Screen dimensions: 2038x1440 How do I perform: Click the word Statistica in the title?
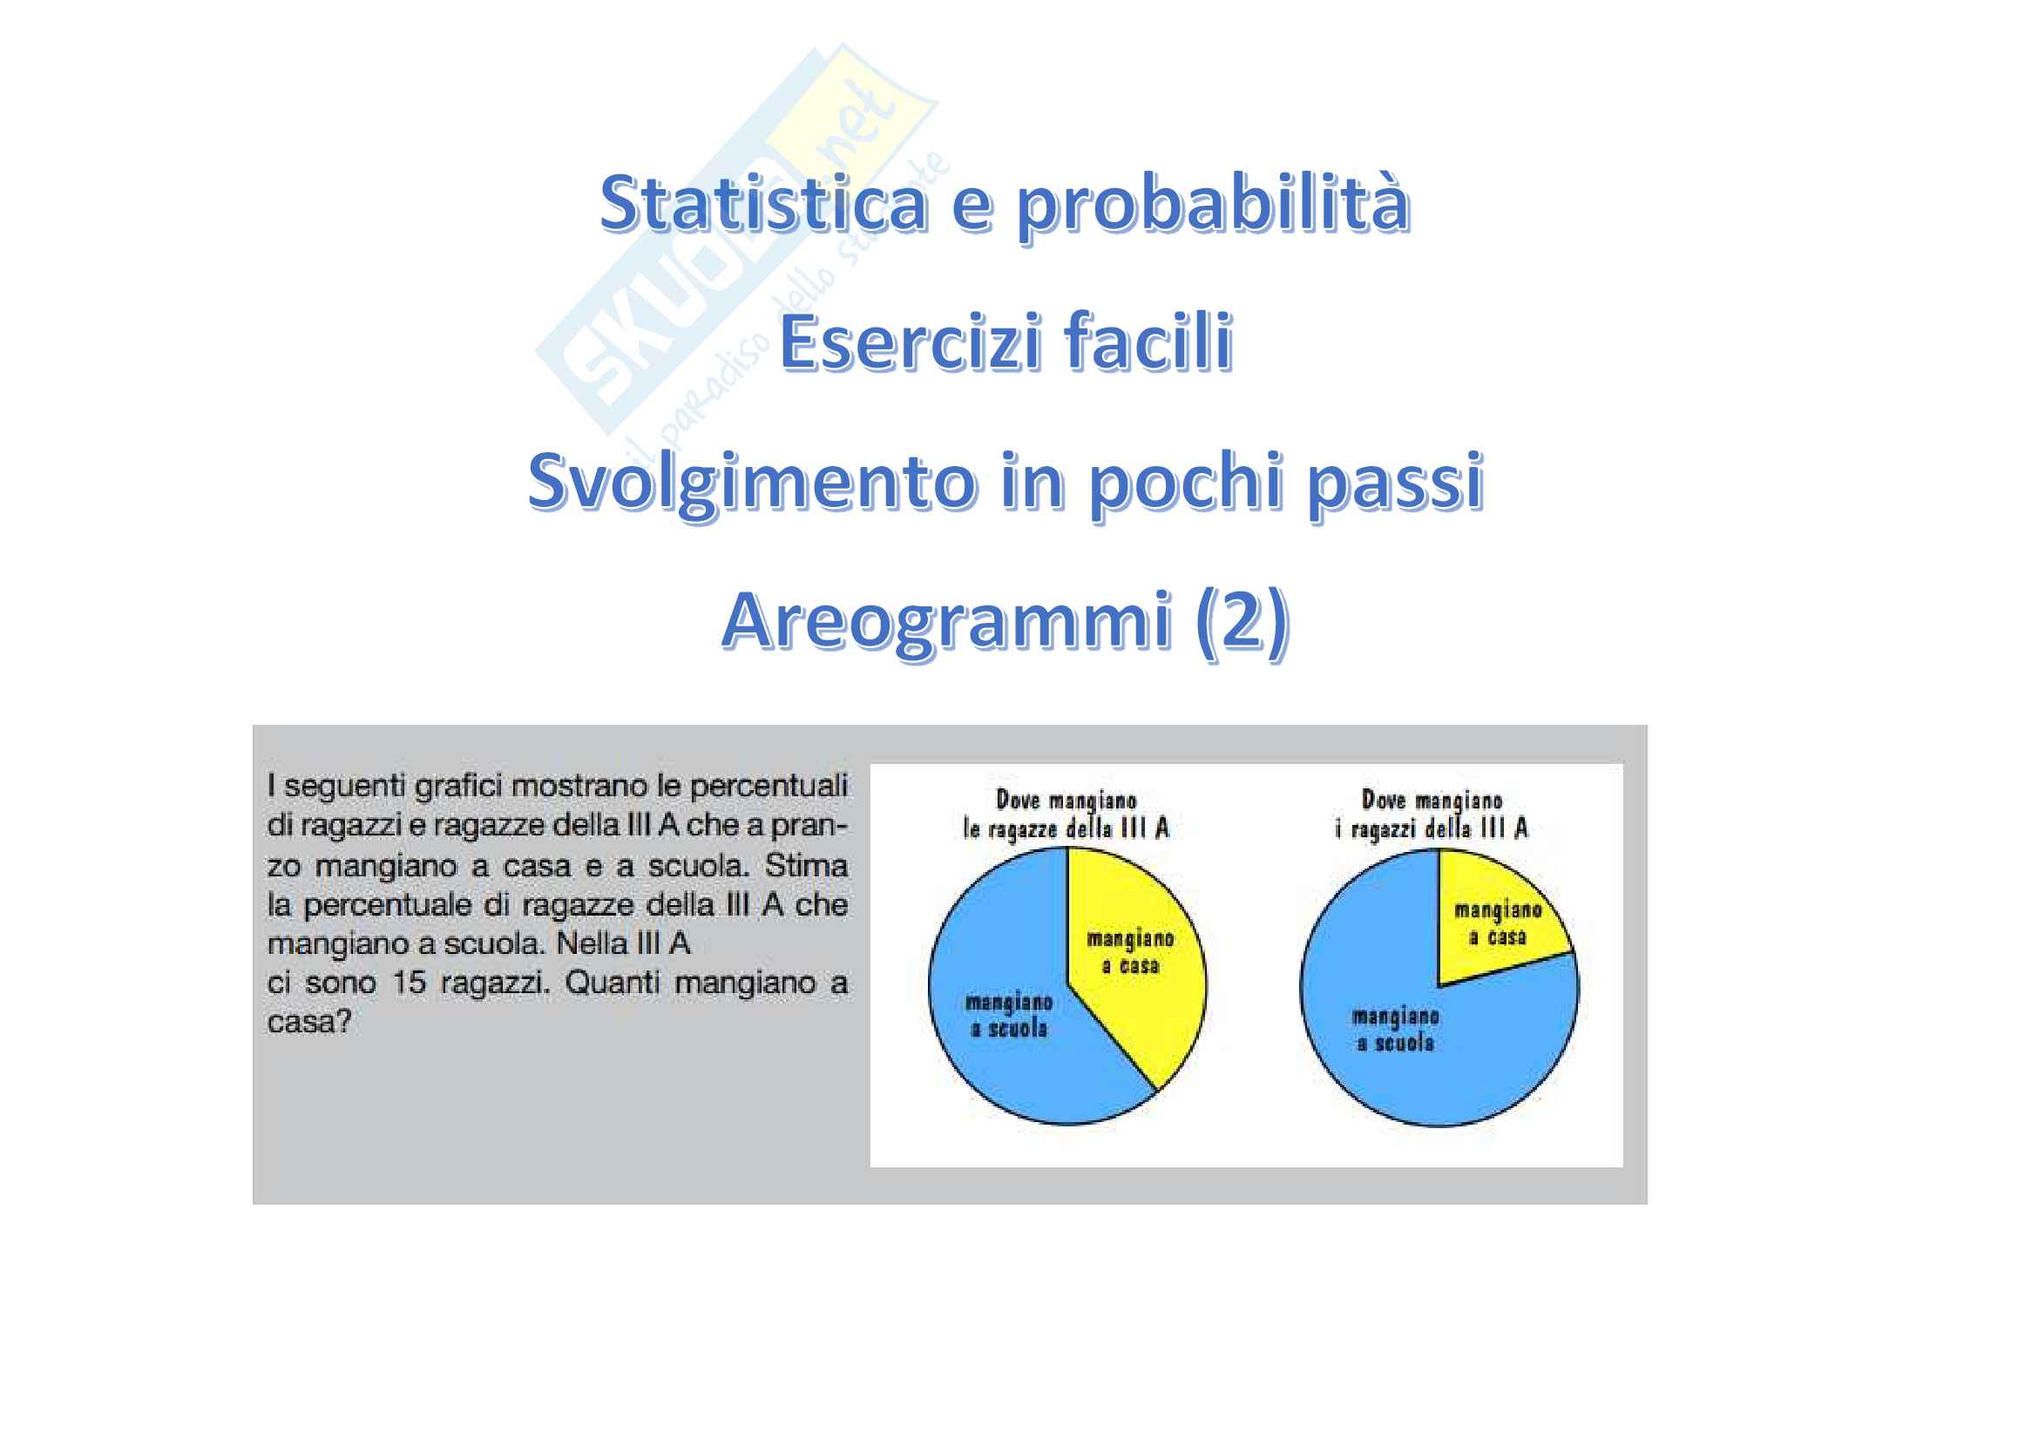[x=763, y=203]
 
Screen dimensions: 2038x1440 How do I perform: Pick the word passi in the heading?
[x=1395, y=484]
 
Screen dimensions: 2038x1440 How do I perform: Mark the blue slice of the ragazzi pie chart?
[x=1420, y=1038]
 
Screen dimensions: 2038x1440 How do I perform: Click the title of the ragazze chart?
[x=1066, y=815]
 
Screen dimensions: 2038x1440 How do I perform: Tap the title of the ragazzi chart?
[x=1432, y=815]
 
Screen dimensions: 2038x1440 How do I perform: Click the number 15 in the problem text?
[x=410, y=983]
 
